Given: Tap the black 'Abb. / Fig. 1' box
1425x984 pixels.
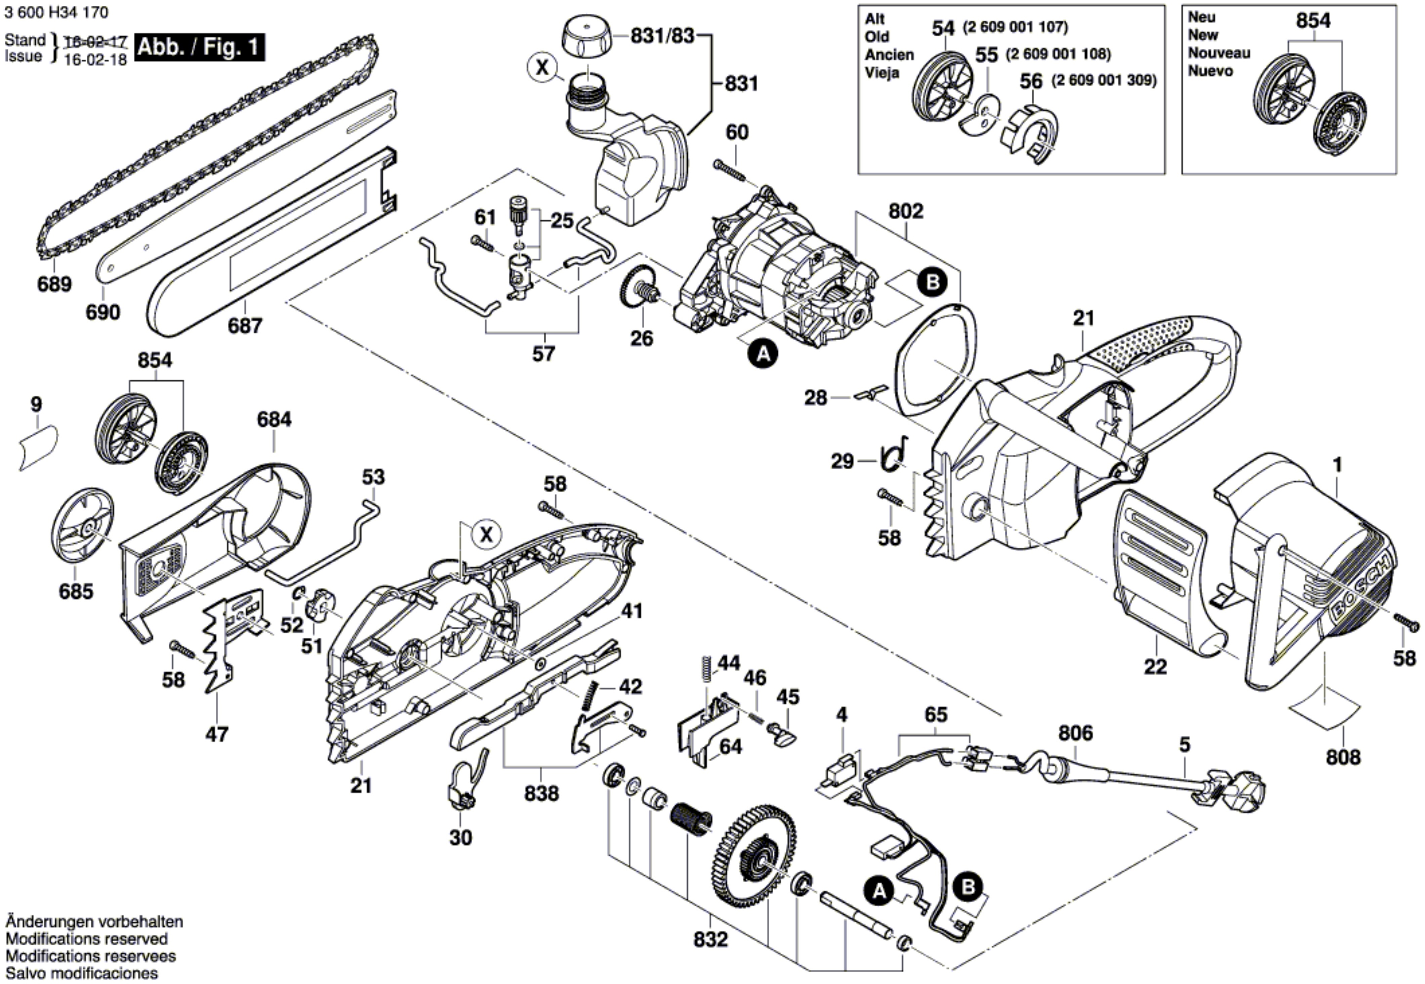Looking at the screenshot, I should point(199,47).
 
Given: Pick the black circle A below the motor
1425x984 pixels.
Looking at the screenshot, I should point(763,354).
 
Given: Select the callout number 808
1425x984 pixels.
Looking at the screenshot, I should point(1342,757).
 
